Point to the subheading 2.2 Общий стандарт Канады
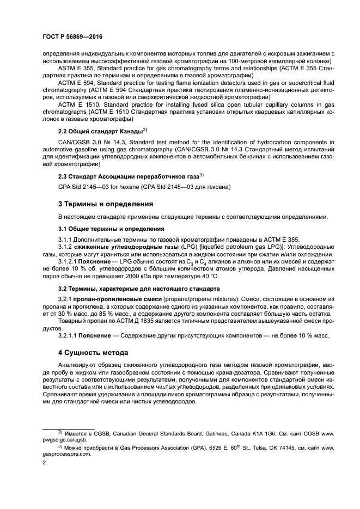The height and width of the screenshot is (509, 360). pyautogui.click(x=101, y=132)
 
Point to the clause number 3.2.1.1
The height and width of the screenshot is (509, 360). pyautogui.click(x=69, y=335)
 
